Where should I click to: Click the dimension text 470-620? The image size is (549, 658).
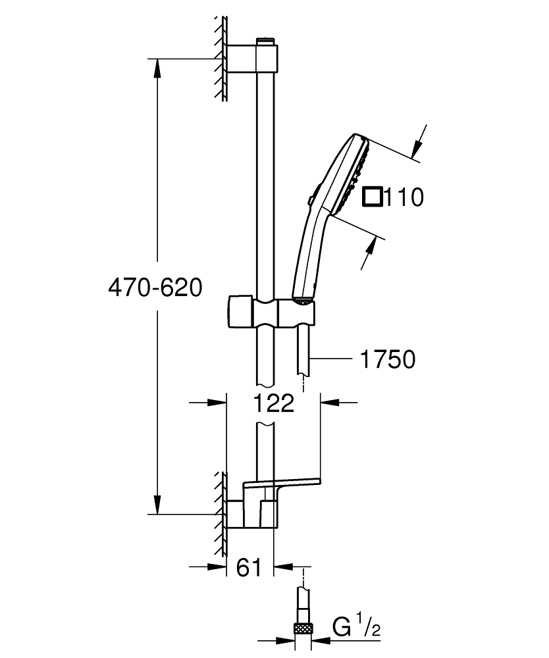pyautogui.click(x=155, y=288)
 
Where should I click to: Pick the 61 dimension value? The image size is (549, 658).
pyautogui.click(x=248, y=567)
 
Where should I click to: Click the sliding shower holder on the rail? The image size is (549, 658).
pyautogui.click(x=270, y=312)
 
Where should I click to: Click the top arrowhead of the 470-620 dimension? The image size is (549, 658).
pyautogui.click(x=156, y=66)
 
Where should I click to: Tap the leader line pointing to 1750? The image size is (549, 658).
pyautogui.click(x=332, y=359)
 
